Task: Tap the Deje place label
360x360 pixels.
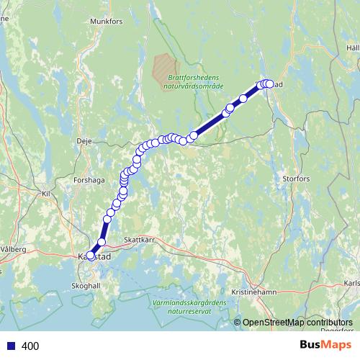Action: [84, 141]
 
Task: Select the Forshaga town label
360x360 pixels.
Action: [89, 181]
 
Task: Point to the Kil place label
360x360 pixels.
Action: [47, 194]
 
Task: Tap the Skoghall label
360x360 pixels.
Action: [85, 285]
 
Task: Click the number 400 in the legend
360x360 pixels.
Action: [30, 346]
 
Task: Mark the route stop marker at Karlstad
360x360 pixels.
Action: [90, 255]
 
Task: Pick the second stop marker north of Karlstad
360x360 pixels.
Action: [109, 213]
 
